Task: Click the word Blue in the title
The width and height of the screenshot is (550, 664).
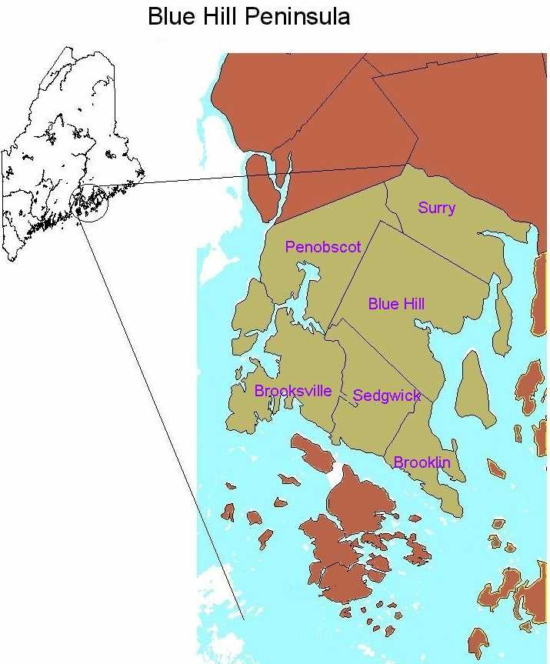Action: click(x=170, y=17)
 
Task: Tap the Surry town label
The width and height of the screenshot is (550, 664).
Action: click(x=436, y=208)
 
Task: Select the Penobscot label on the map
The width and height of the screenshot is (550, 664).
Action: click(x=323, y=247)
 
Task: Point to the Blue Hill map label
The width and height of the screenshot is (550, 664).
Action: click(x=396, y=304)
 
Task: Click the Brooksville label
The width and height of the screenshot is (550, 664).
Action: click(x=293, y=391)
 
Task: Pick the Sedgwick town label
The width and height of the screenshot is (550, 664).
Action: click(x=387, y=396)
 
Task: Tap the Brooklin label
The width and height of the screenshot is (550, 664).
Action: click(x=422, y=462)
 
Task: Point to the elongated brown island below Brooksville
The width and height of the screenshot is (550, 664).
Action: click(x=312, y=453)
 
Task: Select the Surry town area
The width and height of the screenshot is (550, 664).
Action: click(x=454, y=231)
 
